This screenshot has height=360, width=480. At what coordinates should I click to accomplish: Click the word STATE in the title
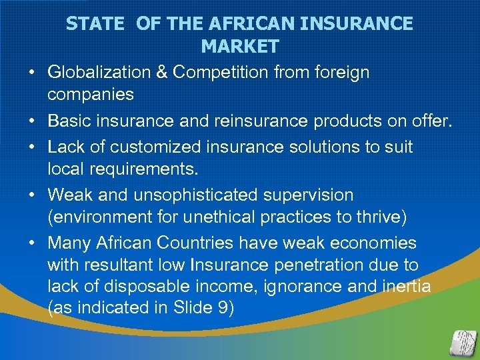[95, 24]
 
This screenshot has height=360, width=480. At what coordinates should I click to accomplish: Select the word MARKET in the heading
[239, 47]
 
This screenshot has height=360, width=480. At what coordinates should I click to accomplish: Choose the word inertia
[407, 287]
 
